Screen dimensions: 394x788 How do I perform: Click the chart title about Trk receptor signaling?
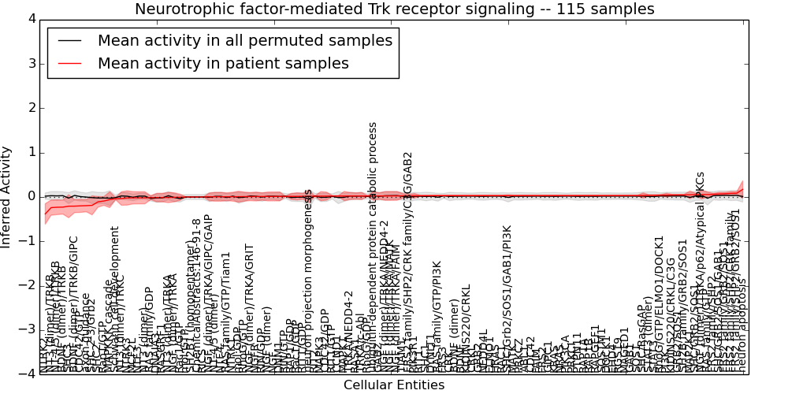(394, 9)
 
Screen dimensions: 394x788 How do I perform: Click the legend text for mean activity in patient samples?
(223, 64)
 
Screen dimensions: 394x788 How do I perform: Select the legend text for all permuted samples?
(244, 41)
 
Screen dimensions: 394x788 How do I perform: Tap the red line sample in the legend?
(69, 64)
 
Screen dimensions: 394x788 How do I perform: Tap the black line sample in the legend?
(69, 41)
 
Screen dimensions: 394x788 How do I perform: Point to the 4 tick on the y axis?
(31, 19)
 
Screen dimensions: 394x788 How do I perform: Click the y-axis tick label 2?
(31, 107)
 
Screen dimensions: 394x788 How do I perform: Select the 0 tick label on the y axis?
(31, 196)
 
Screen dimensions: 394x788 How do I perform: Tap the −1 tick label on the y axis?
(28, 240)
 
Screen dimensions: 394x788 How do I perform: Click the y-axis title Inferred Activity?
(7, 196)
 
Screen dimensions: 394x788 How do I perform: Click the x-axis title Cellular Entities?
(393, 385)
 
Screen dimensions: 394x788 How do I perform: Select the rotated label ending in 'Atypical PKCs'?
(700, 236)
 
